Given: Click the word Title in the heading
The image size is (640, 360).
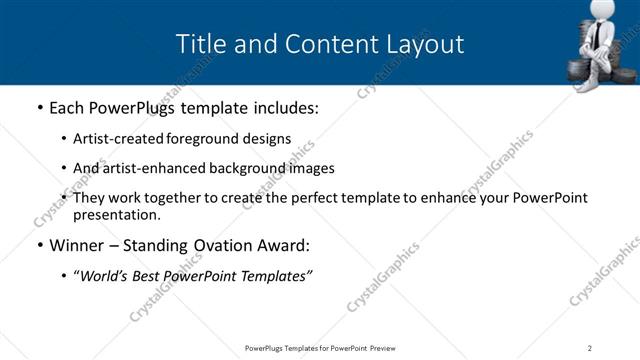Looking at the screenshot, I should pos(199,44).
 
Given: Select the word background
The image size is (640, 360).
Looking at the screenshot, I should pos(255,168).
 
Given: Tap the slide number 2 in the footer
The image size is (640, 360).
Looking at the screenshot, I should pos(590,348).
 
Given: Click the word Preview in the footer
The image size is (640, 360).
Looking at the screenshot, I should pos(389,348).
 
